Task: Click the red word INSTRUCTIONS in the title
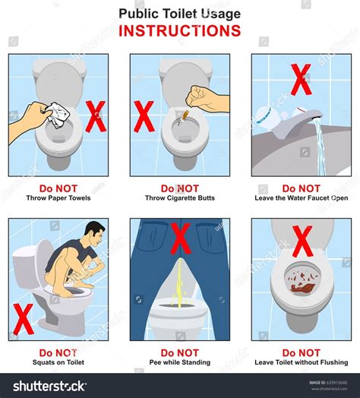pos(180,30)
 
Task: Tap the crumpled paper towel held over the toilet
pos(57,115)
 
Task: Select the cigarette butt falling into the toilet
pos(186,115)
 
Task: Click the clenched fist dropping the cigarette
pos(197,96)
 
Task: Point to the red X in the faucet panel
pos(301,80)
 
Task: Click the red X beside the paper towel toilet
pos(96,116)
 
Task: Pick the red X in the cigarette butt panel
pos(144,116)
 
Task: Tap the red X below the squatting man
pos(23,319)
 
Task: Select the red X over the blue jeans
pos(181,238)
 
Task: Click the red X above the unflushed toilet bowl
pos(302,242)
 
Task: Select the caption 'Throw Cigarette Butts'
pos(180,198)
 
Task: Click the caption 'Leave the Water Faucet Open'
pos(302,198)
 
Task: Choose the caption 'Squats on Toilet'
pos(58,362)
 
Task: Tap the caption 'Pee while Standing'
pos(180,362)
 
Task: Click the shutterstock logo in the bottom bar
pos(50,387)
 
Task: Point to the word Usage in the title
pos(221,14)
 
